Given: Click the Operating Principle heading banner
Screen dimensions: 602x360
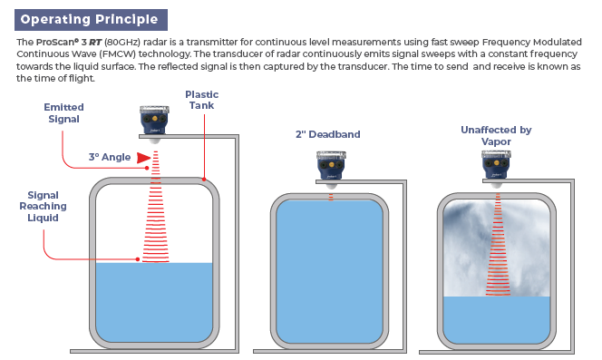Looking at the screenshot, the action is (91, 20).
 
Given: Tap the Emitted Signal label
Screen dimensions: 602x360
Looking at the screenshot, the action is (63, 113).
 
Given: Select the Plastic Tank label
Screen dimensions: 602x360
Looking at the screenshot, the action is (201, 100).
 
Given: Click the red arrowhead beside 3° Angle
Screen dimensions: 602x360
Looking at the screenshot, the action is (143, 158).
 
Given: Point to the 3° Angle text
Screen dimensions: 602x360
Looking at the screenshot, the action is (110, 157).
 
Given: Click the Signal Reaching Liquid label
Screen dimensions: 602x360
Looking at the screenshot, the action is (43, 207).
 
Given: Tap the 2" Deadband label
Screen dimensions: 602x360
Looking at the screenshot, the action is (328, 134).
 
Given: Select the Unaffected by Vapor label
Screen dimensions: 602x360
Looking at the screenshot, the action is (496, 136).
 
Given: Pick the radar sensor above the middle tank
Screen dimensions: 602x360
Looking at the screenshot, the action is (331, 169).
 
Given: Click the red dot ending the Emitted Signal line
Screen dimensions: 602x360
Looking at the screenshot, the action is (147, 168).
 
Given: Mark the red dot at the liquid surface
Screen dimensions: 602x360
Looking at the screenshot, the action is (138, 259).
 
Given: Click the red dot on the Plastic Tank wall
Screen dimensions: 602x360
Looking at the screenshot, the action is (204, 179).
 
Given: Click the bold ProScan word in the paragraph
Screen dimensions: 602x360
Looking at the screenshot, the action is (57, 42).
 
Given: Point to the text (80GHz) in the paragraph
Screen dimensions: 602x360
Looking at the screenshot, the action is (122, 42).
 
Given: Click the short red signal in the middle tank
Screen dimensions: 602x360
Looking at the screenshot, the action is (331, 197).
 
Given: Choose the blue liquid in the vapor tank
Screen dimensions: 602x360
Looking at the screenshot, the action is (497, 320).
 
